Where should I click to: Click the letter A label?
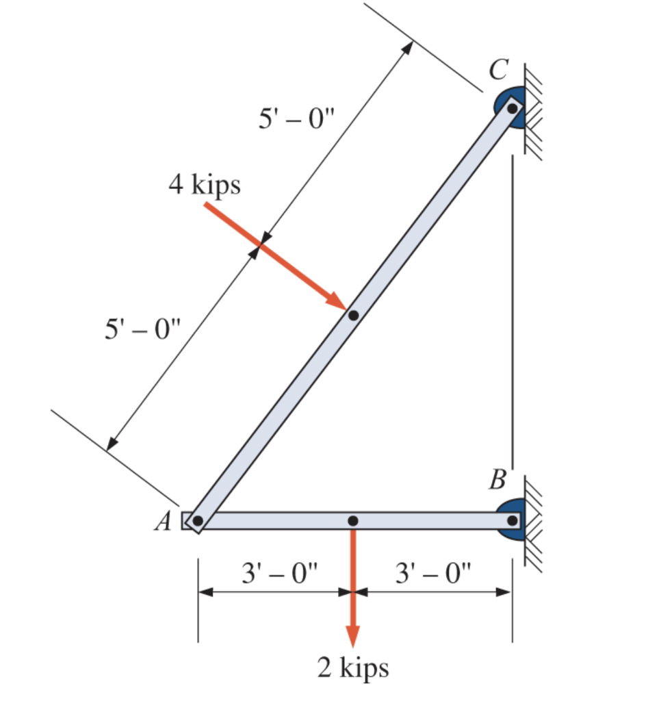(163, 522)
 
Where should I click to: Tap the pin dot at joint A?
(198, 521)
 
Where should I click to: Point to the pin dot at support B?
(512, 520)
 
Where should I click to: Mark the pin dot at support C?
(512, 108)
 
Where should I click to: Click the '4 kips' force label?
(205, 185)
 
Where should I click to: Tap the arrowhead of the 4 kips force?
(337, 301)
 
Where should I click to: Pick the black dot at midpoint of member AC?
(353, 316)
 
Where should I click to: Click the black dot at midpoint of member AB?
(352, 521)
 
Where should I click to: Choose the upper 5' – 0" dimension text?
(295, 120)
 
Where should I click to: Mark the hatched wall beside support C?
(534, 110)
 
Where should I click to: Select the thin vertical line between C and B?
(512, 308)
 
